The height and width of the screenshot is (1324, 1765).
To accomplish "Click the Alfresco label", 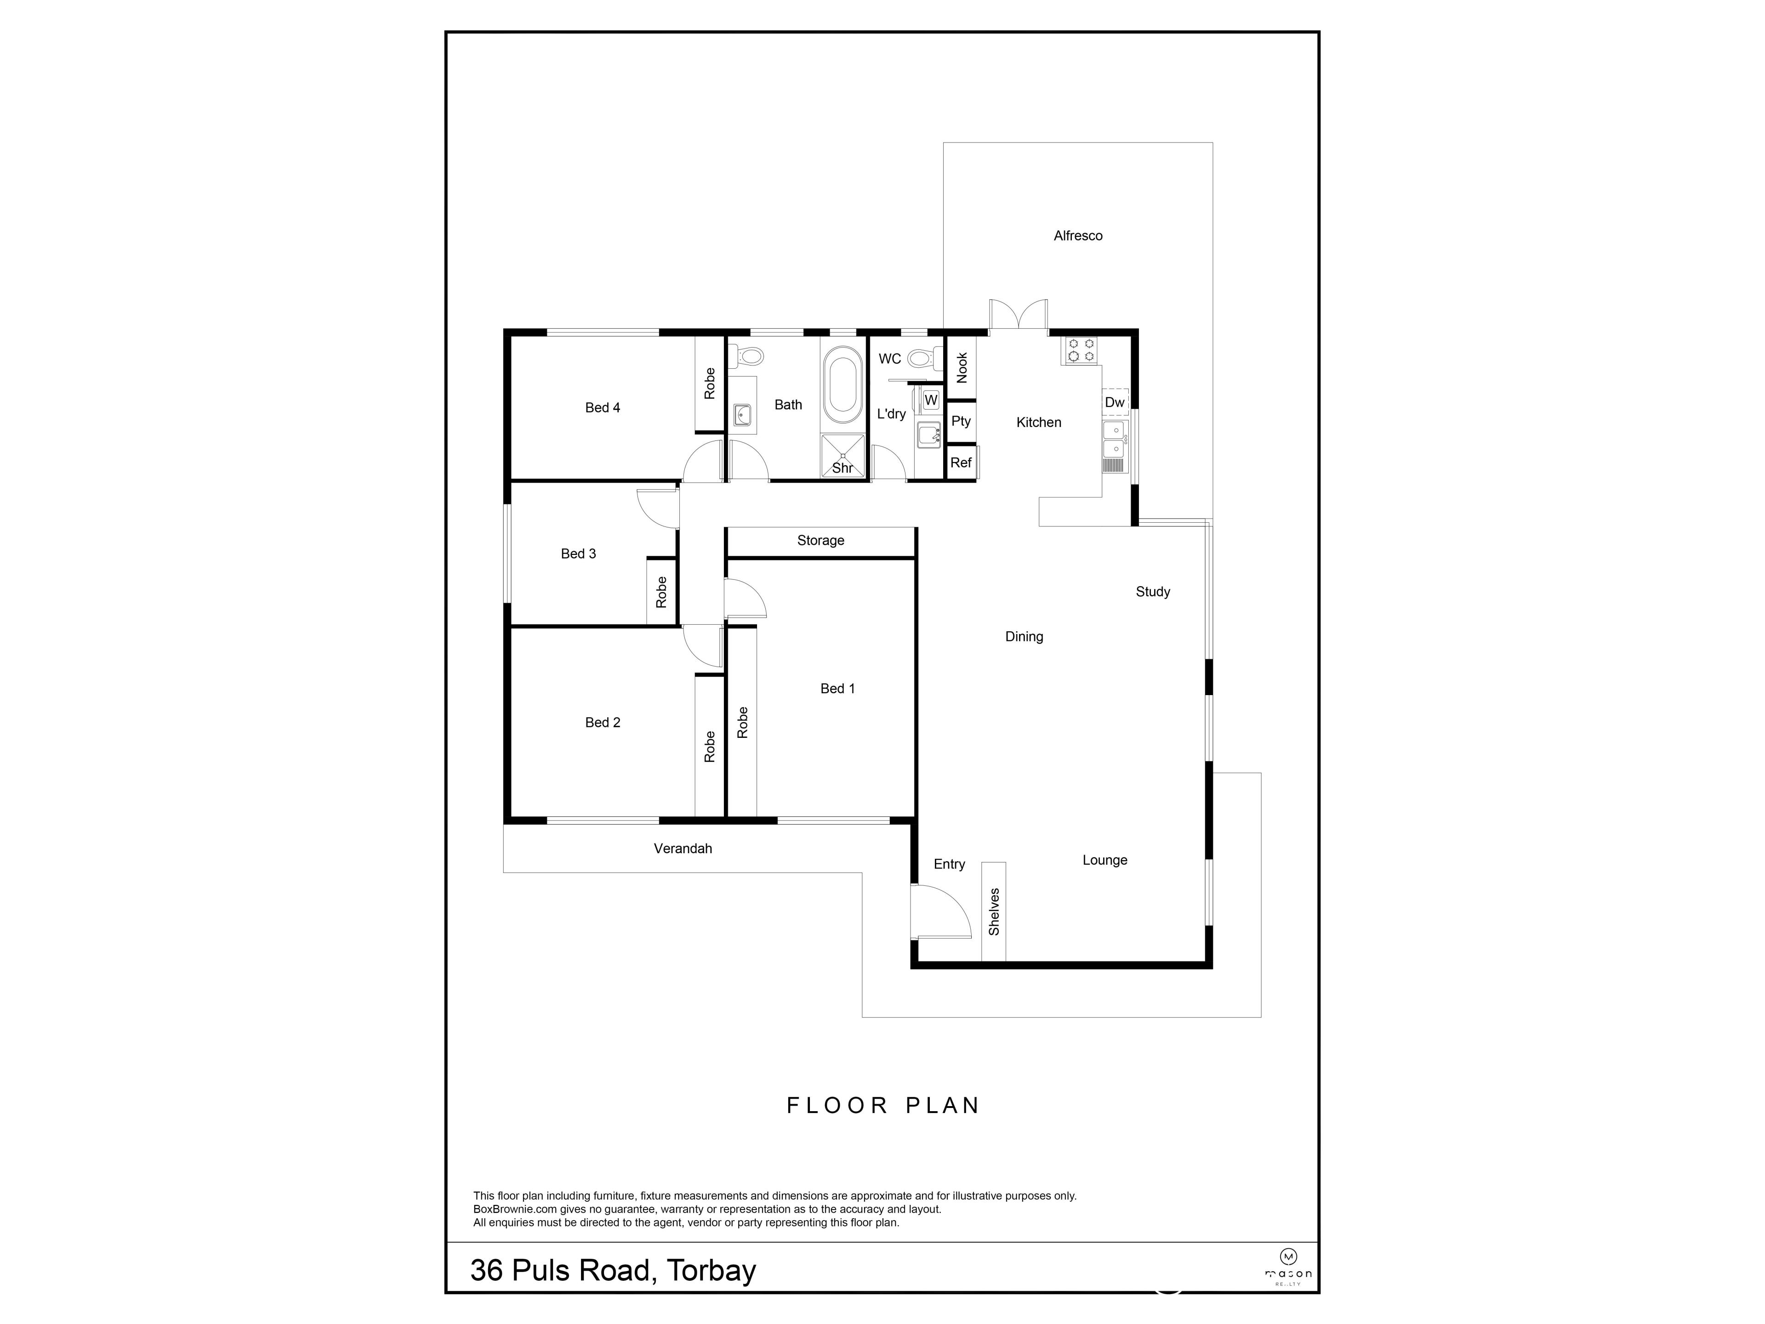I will click(x=1077, y=235).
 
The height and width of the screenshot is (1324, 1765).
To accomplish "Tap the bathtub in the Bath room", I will click(x=843, y=385).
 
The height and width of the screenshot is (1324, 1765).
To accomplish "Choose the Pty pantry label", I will click(x=961, y=421).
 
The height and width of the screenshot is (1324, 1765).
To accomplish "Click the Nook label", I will click(x=962, y=367).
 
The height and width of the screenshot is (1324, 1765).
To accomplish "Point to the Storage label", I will click(x=820, y=540).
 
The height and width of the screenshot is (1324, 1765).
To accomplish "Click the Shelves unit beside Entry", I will click(x=993, y=911).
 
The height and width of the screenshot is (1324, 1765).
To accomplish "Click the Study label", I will click(x=1152, y=591).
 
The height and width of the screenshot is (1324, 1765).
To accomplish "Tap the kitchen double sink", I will click(x=1114, y=440).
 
